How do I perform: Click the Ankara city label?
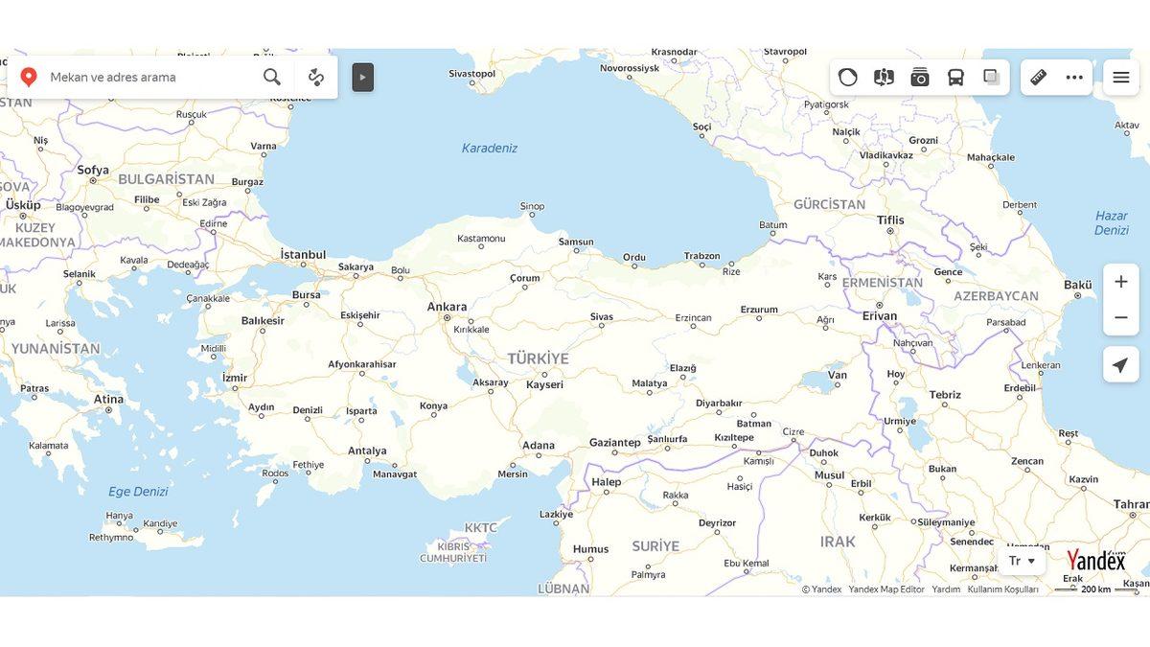pyautogui.click(x=447, y=307)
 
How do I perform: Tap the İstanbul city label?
pyautogui.click(x=303, y=255)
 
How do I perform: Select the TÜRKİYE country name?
pyautogui.click(x=538, y=358)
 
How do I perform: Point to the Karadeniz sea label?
pyautogui.click(x=489, y=148)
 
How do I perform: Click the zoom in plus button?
pyautogui.click(x=1120, y=282)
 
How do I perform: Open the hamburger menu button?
pyautogui.click(x=1120, y=78)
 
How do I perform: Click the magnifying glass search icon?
pyautogui.click(x=272, y=78)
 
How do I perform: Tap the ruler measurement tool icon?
pyautogui.click(x=1038, y=78)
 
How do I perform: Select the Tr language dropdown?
pyautogui.click(x=1022, y=561)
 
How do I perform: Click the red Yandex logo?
pyautogui.click(x=1096, y=560)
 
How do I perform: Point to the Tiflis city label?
pyautogui.click(x=890, y=220)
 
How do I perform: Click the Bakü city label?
pyautogui.click(x=1078, y=285)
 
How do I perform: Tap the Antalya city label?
pyautogui.click(x=367, y=451)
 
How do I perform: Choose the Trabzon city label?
pyautogui.click(x=701, y=256)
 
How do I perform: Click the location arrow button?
pyautogui.click(x=1120, y=365)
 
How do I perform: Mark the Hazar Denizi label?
pyautogui.click(x=1111, y=222)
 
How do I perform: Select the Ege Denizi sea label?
pyautogui.click(x=138, y=492)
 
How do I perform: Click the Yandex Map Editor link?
pyautogui.click(x=886, y=589)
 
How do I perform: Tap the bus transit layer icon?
pyautogui.click(x=955, y=78)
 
